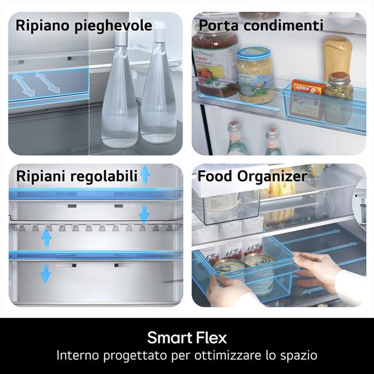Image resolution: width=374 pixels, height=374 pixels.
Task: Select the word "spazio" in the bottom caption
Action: [298, 355]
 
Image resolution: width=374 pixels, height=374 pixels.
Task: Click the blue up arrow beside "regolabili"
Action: [145, 174]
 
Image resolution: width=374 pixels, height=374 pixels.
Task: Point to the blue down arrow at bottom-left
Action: [46, 274]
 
